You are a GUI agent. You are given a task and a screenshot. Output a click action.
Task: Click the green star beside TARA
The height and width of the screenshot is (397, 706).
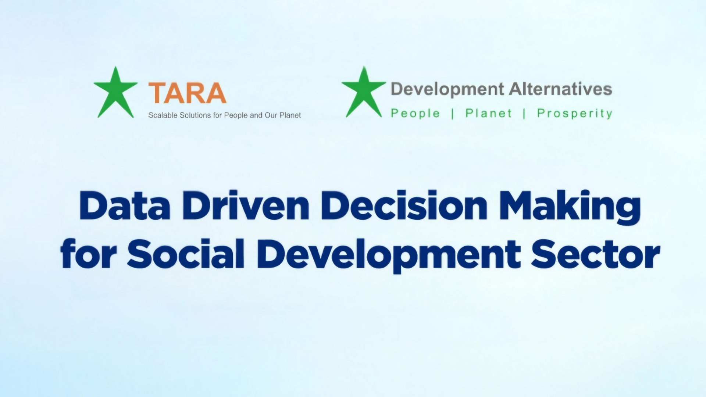coord(115,94)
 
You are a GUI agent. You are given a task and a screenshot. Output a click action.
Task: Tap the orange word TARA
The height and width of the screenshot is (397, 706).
coord(187,93)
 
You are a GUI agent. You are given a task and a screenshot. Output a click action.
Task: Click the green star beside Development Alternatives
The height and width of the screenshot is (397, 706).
coord(364,94)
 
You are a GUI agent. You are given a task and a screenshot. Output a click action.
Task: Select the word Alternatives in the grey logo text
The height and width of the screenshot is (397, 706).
coord(560,89)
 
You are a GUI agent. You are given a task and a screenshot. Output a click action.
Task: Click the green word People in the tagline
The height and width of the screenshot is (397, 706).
coord(415,113)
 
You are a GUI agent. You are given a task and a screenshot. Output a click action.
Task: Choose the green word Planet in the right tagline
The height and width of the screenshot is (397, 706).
coord(488,113)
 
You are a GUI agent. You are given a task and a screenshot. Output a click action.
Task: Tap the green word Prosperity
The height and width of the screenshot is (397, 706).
coord(575,114)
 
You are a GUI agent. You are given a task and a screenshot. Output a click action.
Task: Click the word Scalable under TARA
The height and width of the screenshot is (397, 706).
coord(163,115)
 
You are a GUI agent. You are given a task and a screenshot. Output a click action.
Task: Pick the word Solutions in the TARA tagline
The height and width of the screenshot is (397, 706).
coord(195,115)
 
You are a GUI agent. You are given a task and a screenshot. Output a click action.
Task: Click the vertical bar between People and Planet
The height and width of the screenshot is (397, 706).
coord(453,114)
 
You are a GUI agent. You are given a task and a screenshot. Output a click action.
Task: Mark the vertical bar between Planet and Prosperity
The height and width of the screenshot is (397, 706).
coord(524,114)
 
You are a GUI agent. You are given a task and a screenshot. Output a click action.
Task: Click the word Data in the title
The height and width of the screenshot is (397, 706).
coord(125,206)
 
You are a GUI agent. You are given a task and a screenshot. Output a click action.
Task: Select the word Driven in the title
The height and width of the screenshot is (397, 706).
coord(246,206)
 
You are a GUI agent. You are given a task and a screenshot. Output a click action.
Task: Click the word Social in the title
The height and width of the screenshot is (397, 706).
coord(186,254)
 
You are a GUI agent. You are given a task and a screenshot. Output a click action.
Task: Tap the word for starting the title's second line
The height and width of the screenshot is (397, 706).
coord(89,254)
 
